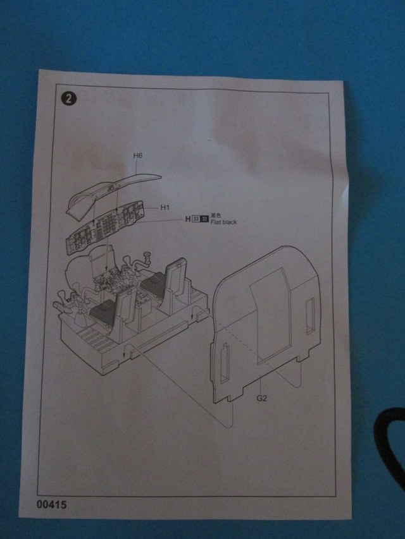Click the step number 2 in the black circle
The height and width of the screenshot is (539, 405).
(x=66, y=99)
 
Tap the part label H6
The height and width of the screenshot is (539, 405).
(x=138, y=155)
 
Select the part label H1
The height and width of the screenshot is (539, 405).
(x=165, y=207)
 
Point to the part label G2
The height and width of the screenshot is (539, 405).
(x=262, y=399)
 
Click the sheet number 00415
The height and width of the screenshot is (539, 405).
(x=51, y=505)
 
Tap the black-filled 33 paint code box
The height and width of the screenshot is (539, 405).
(x=204, y=219)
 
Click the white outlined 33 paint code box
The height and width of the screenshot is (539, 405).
(x=196, y=219)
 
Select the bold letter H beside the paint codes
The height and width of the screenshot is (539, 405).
(x=187, y=219)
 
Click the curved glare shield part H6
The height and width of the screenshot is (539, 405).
(x=114, y=186)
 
